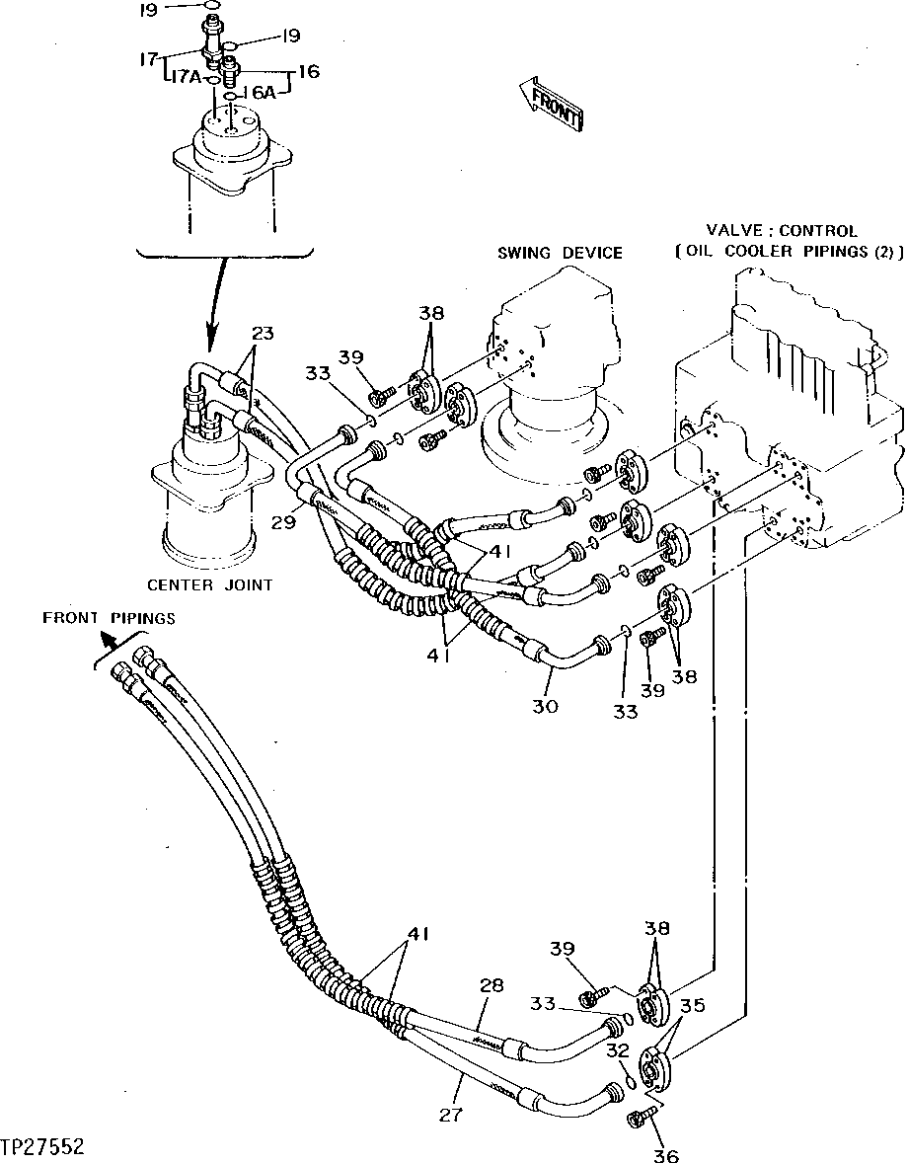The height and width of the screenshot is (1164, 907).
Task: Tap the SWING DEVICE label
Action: point(559,253)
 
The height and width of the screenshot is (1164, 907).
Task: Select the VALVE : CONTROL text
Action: point(788,231)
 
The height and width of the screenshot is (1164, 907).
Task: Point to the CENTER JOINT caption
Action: point(209,584)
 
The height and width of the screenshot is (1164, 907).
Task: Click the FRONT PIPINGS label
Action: point(109,619)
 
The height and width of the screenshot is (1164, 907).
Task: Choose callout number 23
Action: point(261,334)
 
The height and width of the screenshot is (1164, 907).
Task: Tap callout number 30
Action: point(546,706)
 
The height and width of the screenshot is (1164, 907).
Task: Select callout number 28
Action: point(492,985)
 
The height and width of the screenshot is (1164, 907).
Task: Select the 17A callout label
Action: point(183,76)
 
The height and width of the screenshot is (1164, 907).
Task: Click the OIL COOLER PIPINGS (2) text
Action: point(790,252)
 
